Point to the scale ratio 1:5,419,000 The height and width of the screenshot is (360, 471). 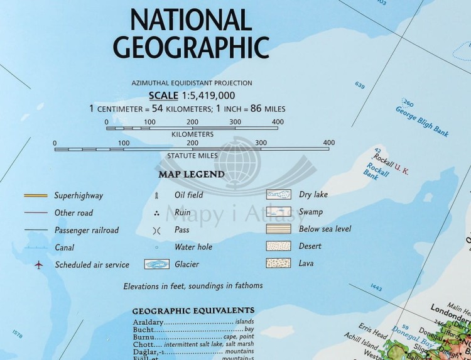[x=208, y=95]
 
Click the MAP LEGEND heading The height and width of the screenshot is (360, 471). [x=192, y=174]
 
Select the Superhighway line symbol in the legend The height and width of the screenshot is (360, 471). [x=35, y=195]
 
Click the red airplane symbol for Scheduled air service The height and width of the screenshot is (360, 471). [x=39, y=265]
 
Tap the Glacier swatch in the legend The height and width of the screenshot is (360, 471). [x=160, y=265]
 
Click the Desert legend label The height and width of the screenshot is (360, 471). [x=310, y=246]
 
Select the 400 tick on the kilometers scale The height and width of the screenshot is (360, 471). [x=278, y=122]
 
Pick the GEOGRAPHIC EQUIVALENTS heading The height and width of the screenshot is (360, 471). [x=193, y=310]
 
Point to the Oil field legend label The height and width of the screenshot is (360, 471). [x=188, y=195]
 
